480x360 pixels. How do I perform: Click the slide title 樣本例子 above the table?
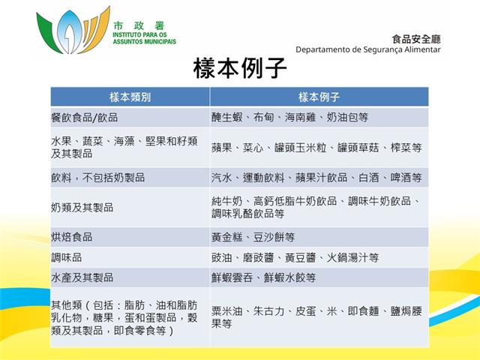(240, 68)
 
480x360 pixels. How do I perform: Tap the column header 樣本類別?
(130, 97)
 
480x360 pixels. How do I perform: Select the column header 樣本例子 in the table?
(319, 97)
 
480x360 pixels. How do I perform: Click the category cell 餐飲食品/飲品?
(85, 118)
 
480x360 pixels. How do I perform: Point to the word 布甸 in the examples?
(263, 117)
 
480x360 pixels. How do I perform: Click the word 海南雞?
(300, 117)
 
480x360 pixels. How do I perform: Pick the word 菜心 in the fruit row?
(253, 148)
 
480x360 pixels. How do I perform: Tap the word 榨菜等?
(406, 148)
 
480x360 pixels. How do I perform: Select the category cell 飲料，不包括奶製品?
(98, 178)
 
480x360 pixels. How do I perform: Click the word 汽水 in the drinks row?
(222, 178)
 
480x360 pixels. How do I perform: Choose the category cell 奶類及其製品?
(82, 208)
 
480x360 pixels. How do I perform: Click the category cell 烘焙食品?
(72, 237)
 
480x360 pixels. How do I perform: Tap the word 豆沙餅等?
(274, 237)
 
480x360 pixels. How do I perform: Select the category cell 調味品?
(67, 257)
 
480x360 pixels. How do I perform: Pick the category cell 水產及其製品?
(82, 277)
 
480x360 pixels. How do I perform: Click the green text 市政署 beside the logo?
(139, 25)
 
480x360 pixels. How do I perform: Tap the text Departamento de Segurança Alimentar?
(368, 49)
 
